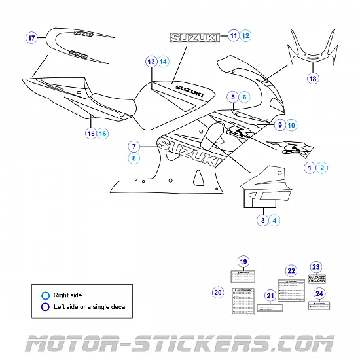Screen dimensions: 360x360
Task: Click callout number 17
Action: click(31, 39)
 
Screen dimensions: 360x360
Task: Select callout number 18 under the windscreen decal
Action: click(313, 79)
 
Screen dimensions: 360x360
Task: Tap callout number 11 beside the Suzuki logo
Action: click(234, 35)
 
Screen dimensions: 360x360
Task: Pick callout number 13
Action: click(151, 62)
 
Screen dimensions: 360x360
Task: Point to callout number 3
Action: click(263, 221)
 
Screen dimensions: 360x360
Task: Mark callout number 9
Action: click(279, 124)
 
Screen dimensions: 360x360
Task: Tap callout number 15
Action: click(91, 134)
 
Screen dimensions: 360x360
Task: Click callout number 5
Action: click(232, 97)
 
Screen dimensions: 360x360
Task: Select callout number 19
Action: click(243, 262)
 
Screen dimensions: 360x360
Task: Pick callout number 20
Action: click(219, 292)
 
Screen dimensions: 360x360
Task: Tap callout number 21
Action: click(270, 296)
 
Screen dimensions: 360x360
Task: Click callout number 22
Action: click(291, 271)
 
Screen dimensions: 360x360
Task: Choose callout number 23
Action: click(316, 267)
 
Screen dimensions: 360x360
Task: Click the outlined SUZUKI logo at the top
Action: click(195, 38)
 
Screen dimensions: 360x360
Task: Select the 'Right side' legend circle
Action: click(45, 295)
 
